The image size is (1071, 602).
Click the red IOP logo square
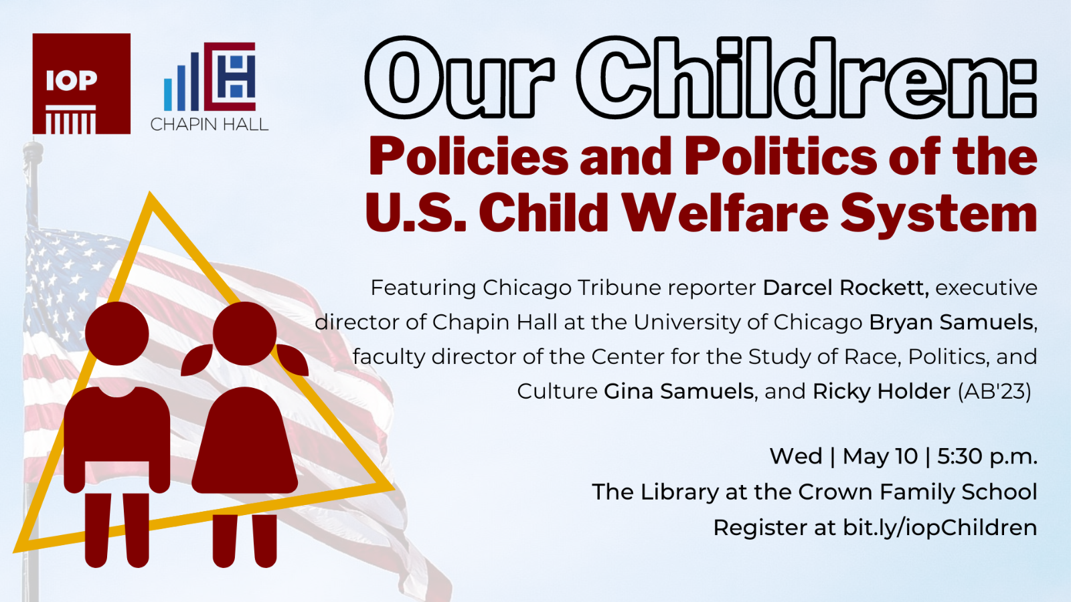[81, 84]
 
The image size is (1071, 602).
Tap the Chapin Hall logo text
[210, 124]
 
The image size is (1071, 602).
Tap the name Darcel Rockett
[845, 288]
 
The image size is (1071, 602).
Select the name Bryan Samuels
[951, 322]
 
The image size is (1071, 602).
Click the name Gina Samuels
[679, 391]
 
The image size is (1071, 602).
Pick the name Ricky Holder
[882, 392]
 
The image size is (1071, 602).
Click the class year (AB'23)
[995, 392]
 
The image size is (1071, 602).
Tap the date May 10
[880, 457]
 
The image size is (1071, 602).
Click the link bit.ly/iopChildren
[940, 528]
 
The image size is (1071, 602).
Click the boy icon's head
[117, 334]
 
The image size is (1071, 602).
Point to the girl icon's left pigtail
[197, 359]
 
